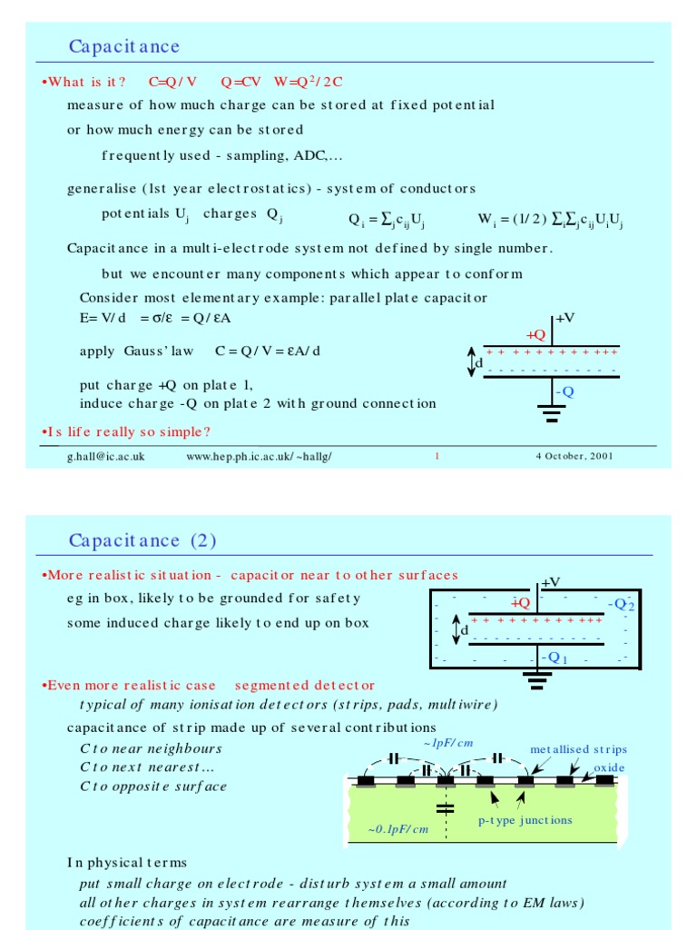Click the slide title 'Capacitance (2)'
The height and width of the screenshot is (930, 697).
point(142,540)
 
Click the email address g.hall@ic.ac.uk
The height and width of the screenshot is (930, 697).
point(105,456)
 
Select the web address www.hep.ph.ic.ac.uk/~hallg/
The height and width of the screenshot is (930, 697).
point(259,456)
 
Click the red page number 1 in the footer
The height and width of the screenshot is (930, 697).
point(437,456)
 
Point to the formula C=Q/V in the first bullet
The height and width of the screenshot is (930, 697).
point(172,82)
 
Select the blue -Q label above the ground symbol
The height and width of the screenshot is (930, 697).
point(564,391)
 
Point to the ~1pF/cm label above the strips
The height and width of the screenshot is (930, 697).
point(448,743)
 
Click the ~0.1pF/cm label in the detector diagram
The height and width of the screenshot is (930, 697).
point(398,828)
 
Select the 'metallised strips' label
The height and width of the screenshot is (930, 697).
point(578,749)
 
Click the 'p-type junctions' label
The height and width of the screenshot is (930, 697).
point(525,820)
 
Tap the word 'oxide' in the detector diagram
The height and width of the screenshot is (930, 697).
point(609,767)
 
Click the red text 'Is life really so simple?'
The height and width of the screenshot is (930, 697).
point(126,430)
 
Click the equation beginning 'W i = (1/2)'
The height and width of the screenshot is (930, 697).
point(550,220)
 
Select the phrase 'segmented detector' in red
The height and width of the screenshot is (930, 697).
point(304,685)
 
